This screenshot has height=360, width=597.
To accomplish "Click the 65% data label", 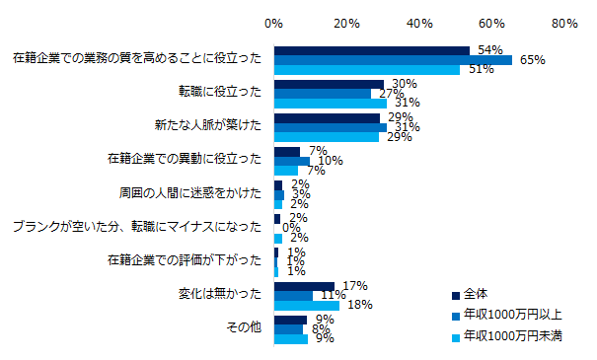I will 533,60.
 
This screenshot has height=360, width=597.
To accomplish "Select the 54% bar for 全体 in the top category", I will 372,50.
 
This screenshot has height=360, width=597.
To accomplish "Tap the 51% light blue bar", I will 366,70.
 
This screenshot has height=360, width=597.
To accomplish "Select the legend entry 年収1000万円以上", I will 508,316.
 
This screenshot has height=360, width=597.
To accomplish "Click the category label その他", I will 245,326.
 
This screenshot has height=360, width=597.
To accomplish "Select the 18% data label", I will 359,305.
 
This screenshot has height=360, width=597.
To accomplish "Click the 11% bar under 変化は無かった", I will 294,295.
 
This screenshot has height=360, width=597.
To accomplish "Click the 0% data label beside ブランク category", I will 292,228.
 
